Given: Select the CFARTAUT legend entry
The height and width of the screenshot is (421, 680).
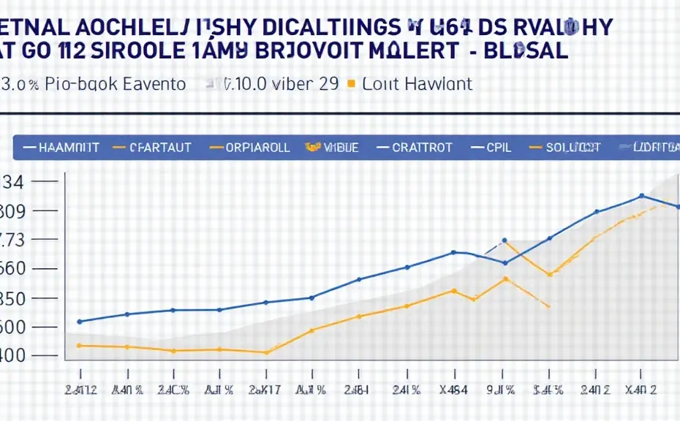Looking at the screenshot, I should tap(160, 147).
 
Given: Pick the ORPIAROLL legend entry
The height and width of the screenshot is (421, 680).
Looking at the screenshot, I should tap(257, 147).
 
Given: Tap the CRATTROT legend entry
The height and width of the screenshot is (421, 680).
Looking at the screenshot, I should tap(422, 147).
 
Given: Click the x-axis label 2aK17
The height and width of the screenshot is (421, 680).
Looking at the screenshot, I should tap(265, 390).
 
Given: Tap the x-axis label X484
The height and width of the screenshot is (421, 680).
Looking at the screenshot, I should tap(453, 390).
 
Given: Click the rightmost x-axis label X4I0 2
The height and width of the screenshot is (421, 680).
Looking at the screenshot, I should tap(641, 390).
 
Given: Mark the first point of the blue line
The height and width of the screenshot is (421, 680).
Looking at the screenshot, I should tap(80, 321).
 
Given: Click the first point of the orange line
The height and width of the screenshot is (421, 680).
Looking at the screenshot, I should tap(80, 345).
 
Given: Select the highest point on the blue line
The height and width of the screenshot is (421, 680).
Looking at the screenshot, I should tap(641, 196).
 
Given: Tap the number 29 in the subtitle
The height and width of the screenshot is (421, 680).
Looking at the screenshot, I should tap(328, 83).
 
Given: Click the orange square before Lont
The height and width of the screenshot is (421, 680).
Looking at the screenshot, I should tap(351, 83).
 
